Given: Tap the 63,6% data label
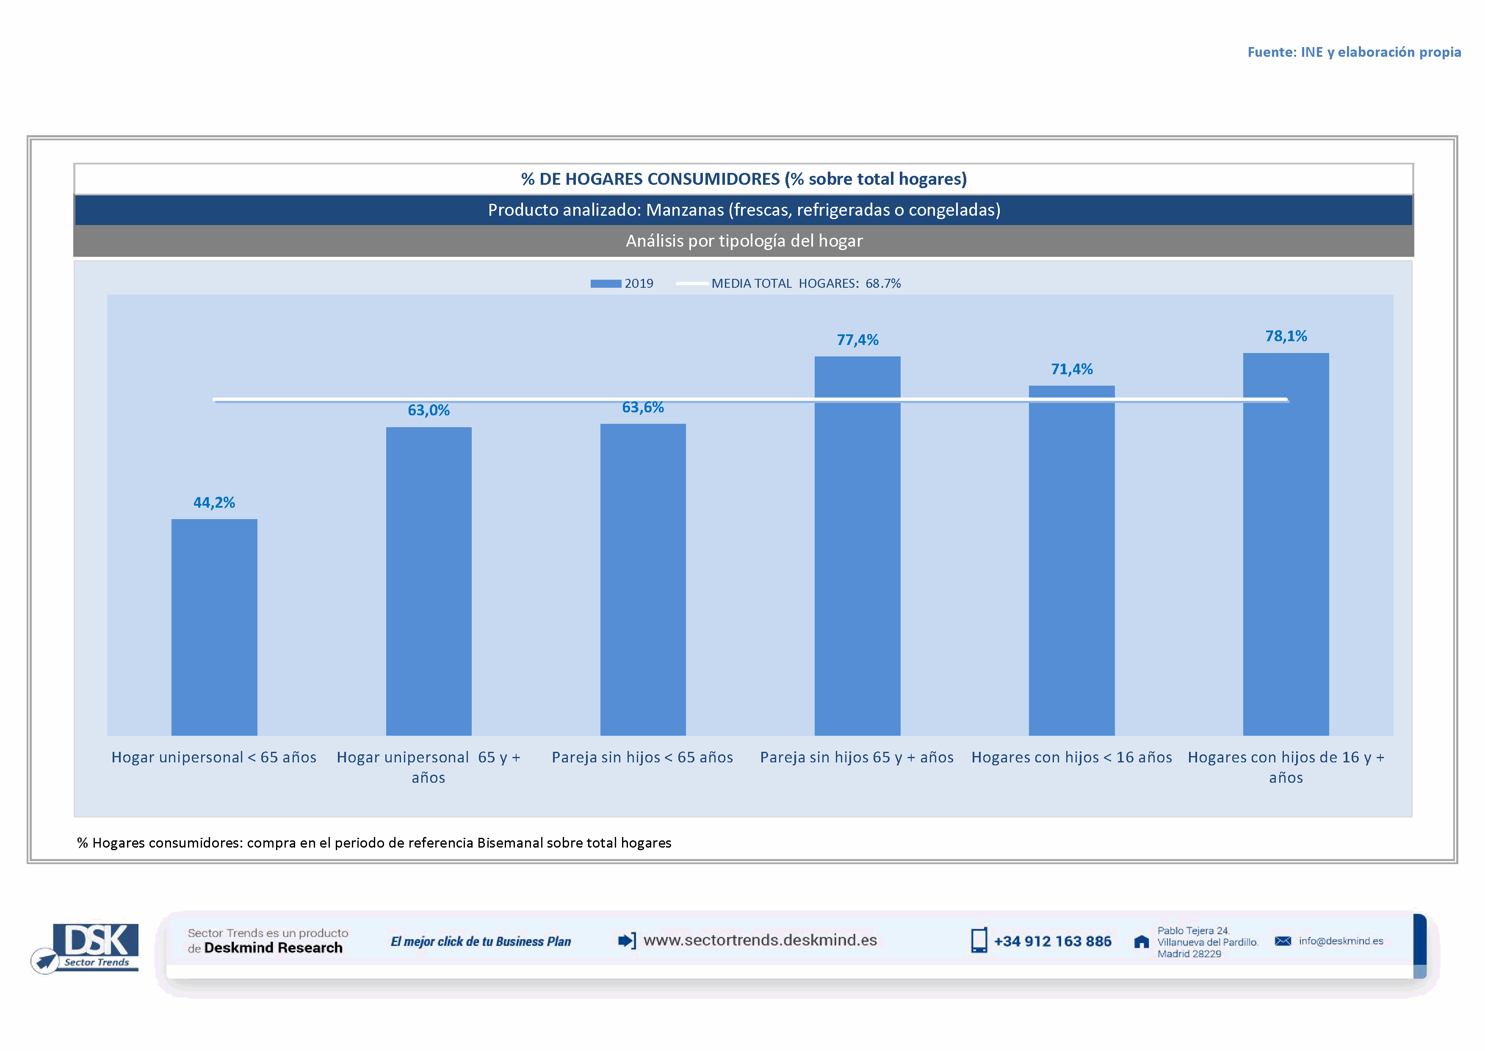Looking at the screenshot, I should (x=643, y=407).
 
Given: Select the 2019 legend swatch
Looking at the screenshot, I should (x=606, y=284).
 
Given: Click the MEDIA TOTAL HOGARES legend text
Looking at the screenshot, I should (x=805, y=284).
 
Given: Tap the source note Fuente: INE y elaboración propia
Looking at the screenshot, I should (x=1354, y=52).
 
